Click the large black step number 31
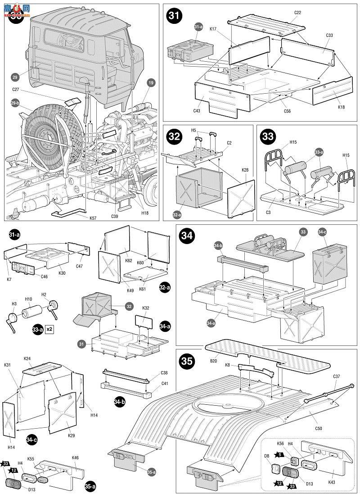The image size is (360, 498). point(174,16)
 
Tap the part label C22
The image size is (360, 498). point(297,13)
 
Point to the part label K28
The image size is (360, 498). point(245,170)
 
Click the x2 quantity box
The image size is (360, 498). point(49,329)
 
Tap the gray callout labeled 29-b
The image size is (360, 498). point(15,103)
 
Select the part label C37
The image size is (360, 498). point(337,376)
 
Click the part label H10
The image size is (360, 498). point(28,298)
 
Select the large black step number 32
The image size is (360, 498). point(174,136)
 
